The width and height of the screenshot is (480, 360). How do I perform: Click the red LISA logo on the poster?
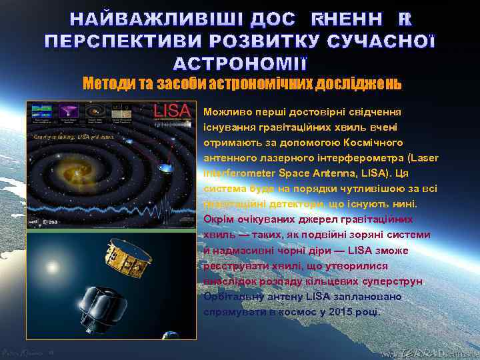(173, 111)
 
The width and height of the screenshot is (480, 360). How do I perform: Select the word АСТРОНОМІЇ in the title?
(240, 65)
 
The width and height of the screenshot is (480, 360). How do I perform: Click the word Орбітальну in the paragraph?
(233, 296)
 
